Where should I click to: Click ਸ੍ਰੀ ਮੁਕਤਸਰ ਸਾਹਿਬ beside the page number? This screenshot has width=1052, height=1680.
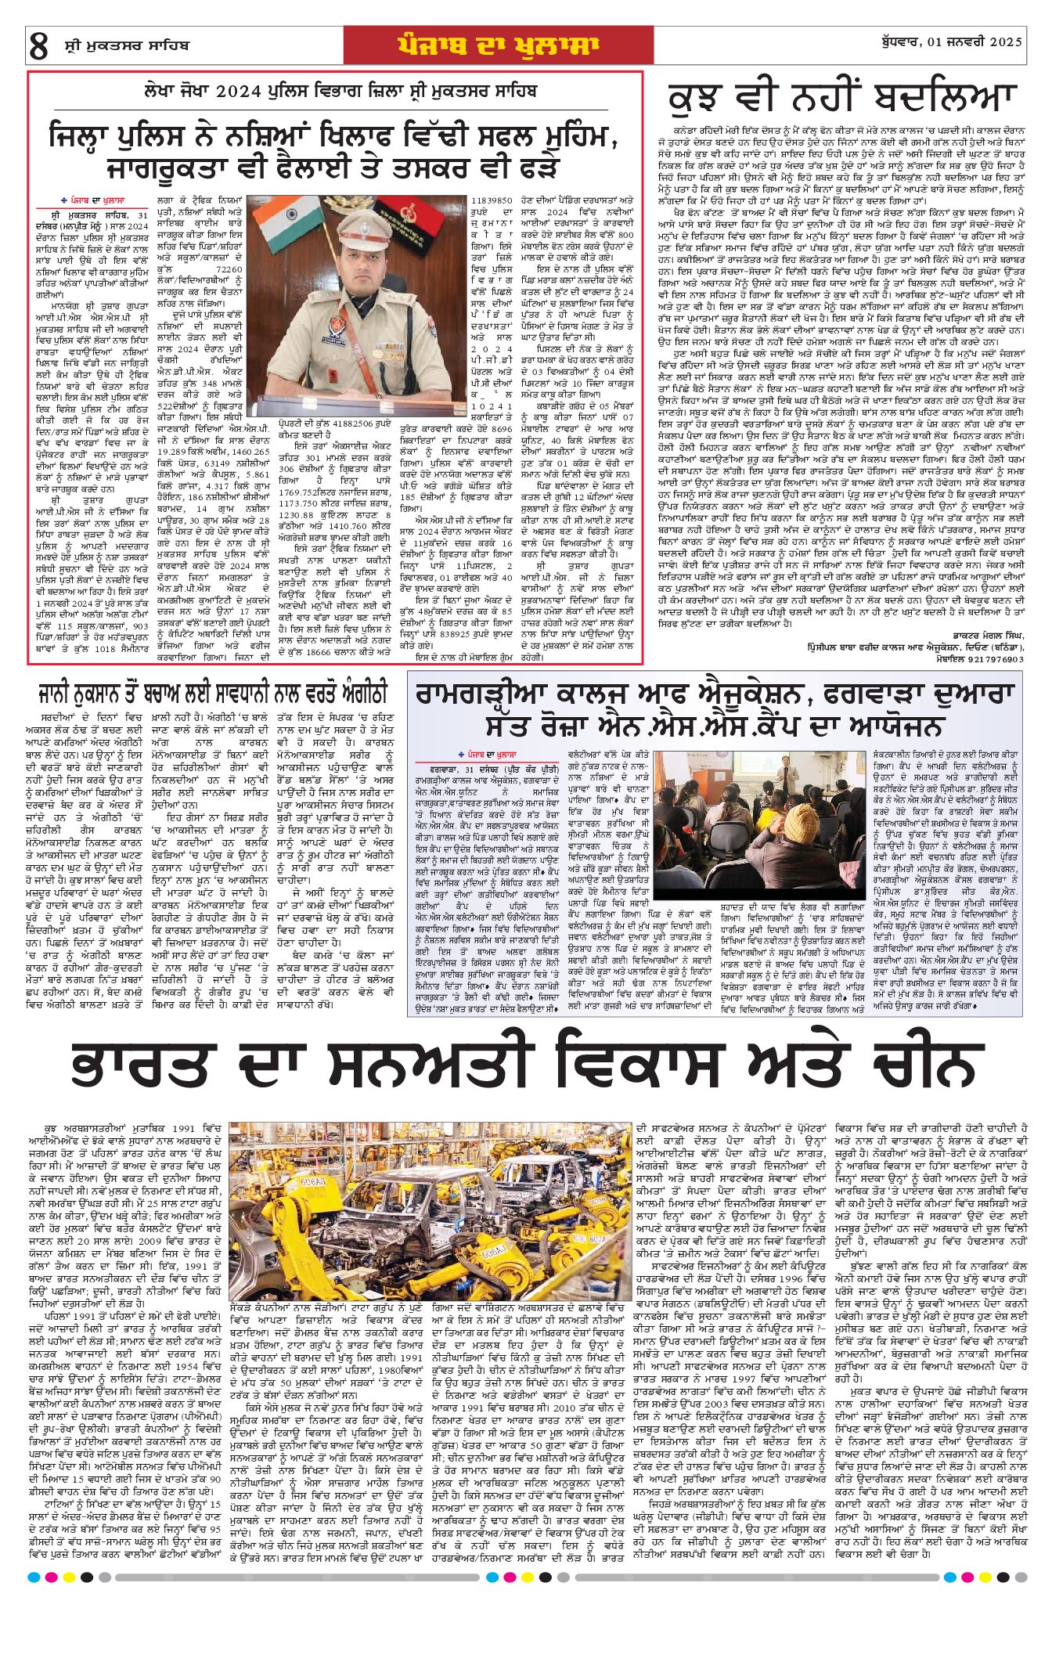pos(127,45)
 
